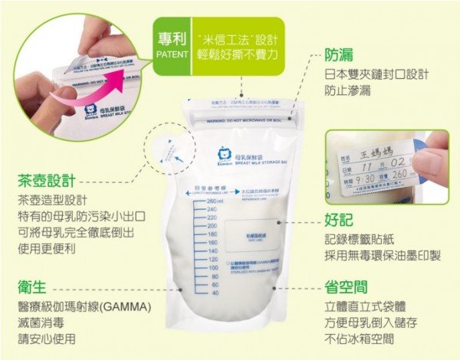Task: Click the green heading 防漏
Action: point(339,56)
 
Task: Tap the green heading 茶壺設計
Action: point(47,182)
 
